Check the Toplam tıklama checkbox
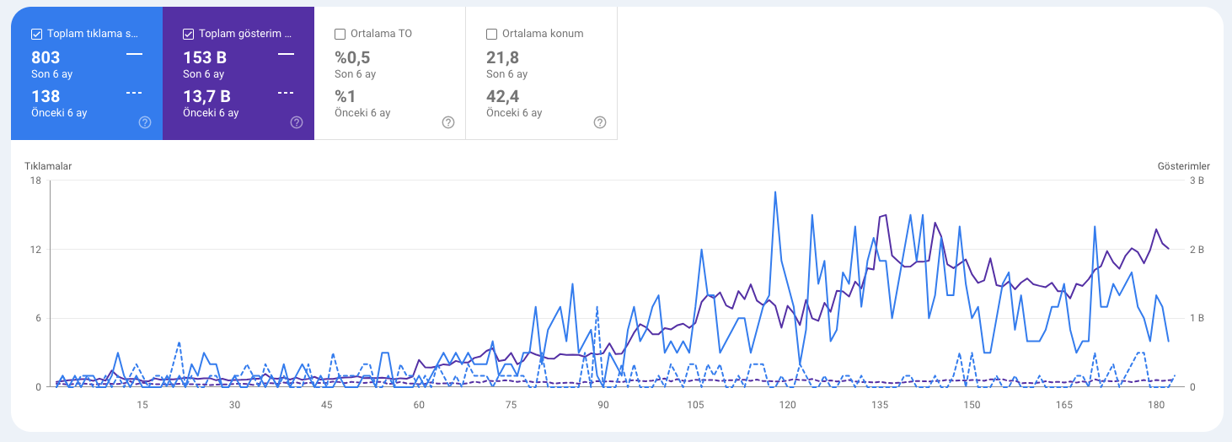click(36, 35)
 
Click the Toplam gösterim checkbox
click(189, 35)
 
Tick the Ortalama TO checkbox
click(340, 35)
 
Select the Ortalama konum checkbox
click(492, 35)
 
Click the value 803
click(46, 58)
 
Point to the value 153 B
click(205, 58)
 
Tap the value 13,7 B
click(206, 96)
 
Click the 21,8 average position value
click(502, 58)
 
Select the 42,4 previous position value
click(502, 96)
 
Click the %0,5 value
click(352, 58)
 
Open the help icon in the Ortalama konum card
click(600, 122)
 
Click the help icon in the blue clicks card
click(145, 122)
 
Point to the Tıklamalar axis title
click(48, 166)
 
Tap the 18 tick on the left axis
click(35, 181)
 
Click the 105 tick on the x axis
click(695, 405)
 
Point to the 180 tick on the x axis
click(1157, 405)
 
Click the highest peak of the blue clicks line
click(774, 192)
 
